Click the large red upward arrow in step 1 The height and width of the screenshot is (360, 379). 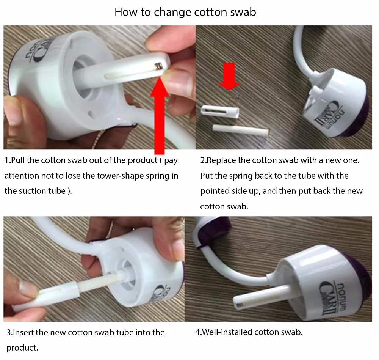pos(159,116)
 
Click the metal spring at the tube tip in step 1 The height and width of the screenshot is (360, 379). pos(158,65)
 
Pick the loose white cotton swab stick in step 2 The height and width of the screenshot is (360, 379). pos(241,129)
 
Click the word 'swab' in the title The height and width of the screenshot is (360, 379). pos(243,12)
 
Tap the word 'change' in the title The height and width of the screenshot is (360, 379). pos(172,13)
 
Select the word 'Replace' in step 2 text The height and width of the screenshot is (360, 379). pos(221,160)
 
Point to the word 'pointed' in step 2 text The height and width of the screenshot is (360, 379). pos(215,191)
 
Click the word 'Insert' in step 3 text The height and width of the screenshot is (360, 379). pos(23,333)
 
